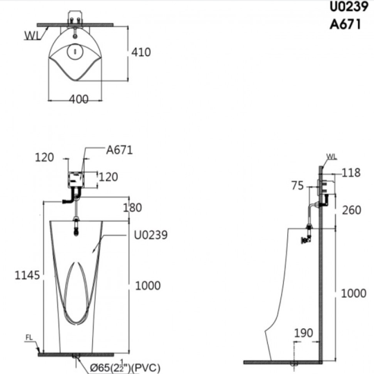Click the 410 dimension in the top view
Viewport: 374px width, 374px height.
141,52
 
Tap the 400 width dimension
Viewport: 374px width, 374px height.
79,99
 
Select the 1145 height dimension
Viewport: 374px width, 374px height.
27,275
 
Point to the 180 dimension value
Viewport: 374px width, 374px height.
132,208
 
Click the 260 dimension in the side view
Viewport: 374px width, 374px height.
352,210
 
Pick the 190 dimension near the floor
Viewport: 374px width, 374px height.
303,333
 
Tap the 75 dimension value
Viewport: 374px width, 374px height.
297,186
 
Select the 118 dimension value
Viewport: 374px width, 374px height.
351,172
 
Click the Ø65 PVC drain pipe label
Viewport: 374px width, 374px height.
125,367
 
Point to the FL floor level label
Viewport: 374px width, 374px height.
29,337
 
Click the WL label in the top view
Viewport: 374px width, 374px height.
33,35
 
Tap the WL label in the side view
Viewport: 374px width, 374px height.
331,157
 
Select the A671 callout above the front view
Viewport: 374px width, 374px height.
119,150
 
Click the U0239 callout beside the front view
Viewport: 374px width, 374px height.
151,235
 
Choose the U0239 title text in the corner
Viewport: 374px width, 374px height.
349,7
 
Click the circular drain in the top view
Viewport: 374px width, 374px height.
75,51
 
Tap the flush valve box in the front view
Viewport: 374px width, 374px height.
76,180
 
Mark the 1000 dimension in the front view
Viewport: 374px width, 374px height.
148,285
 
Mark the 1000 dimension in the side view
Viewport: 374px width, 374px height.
353,294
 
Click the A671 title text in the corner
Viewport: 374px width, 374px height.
345,24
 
